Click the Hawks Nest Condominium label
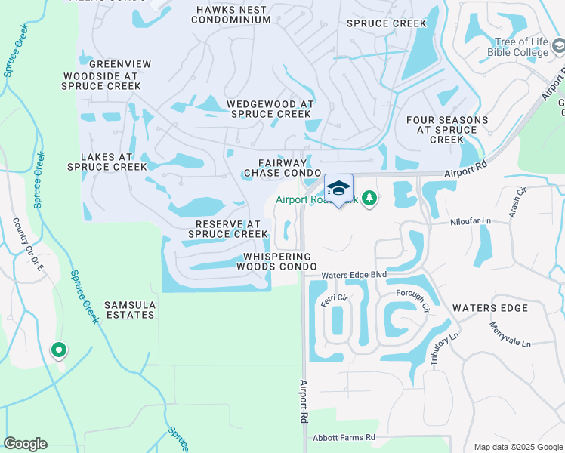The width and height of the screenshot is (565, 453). pos(231,14)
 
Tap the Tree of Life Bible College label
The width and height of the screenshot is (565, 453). pos(520,48)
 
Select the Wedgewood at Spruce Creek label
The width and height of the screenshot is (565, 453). pos(270,109)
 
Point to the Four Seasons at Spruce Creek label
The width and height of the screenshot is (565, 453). pos(442,129)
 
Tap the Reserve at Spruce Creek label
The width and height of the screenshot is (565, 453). pos(227,229)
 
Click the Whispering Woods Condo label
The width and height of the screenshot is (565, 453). pos(276,261)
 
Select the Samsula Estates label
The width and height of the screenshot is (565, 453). pos(130,310)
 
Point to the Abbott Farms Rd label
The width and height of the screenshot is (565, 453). pos(344,437)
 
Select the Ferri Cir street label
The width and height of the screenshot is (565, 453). pos(333,300)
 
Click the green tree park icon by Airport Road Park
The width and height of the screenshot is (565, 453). pos(369,199)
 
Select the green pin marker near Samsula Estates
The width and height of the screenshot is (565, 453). pos(58,350)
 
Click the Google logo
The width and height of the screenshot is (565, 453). pos(25,444)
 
